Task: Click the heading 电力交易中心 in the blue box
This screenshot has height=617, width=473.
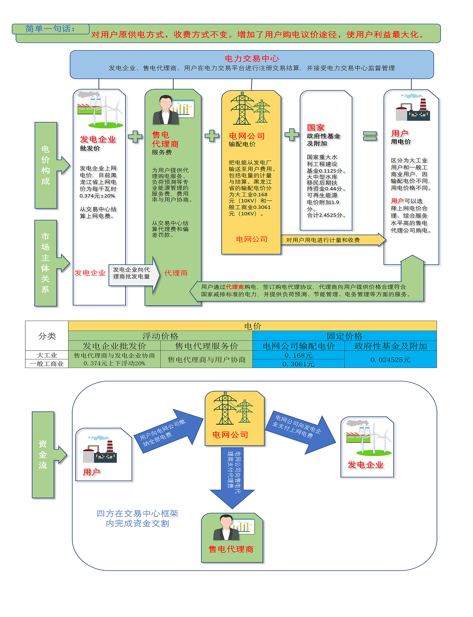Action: click(x=251, y=59)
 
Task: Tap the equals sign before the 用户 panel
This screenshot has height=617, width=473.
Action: click(x=370, y=136)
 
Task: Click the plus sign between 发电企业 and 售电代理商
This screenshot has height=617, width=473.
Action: click(x=135, y=136)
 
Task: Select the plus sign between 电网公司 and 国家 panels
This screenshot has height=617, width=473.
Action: click(x=292, y=134)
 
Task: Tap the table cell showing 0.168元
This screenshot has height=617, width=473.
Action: click(x=298, y=355)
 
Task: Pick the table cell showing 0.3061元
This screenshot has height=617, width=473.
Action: click(x=298, y=364)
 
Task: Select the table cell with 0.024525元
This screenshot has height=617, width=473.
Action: click(x=390, y=360)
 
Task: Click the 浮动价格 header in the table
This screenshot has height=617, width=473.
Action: click(x=160, y=336)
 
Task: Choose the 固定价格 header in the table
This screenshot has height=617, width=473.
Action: click(x=344, y=336)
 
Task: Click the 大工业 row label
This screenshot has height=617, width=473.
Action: click(x=47, y=355)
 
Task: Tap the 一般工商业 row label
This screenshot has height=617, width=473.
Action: click(x=47, y=364)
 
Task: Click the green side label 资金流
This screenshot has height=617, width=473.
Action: click(x=43, y=455)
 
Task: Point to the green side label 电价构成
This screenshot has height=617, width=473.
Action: click(x=46, y=165)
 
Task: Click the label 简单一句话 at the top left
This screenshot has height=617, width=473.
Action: click(x=50, y=29)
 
